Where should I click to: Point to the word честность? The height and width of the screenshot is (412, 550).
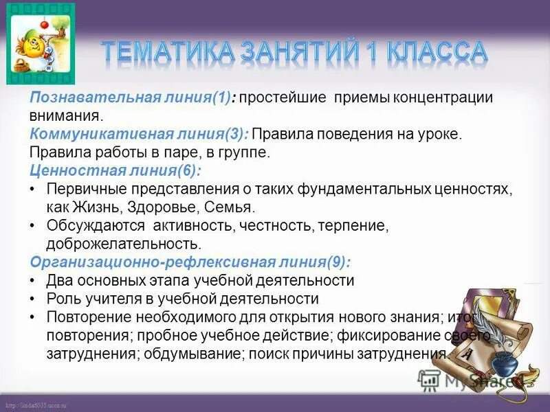pyautogui.click(x=274, y=225)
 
